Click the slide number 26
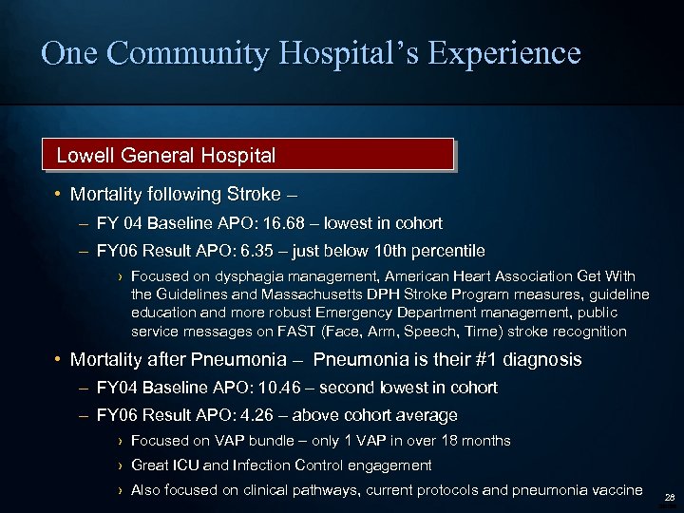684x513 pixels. tap(670, 497)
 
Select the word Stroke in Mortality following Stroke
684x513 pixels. tap(254, 195)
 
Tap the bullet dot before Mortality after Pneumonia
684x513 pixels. tap(59, 360)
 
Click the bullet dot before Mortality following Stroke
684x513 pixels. tap(59, 195)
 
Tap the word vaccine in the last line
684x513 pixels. tap(616, 490)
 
